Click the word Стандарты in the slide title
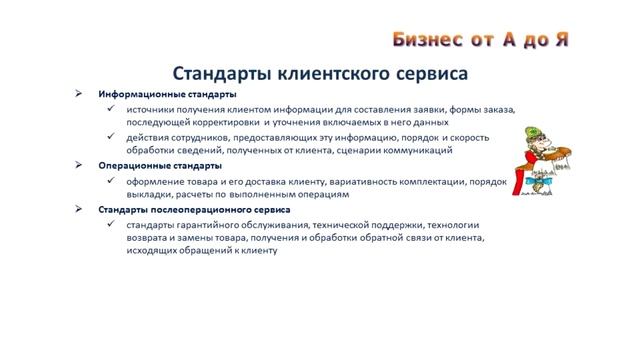tap(228, 74)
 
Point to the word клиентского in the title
tap(337, 74)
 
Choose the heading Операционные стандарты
tap(153, 165)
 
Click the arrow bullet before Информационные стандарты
tap(80, 93)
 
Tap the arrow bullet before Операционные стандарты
tap(80, 165)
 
